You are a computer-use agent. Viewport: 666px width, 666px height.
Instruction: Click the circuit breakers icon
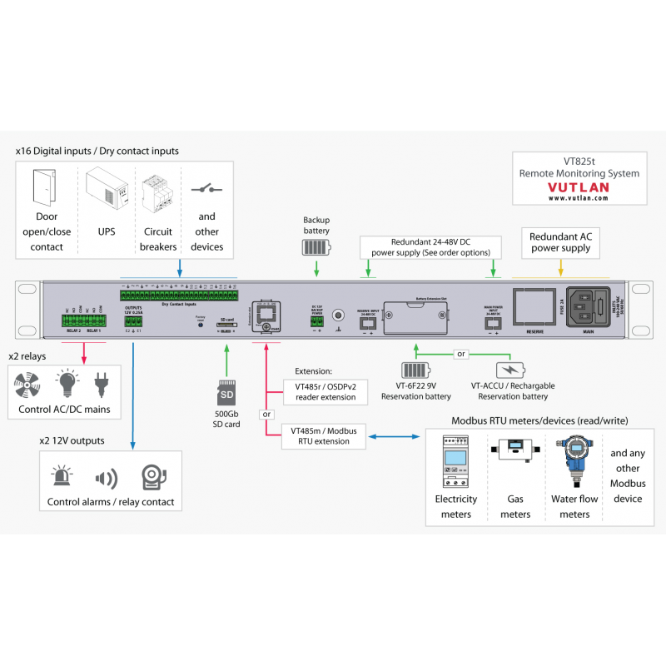click(157, 193)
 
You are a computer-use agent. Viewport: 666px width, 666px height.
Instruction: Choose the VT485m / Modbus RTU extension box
click(324, 436)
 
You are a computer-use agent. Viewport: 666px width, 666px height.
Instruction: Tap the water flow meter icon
click(574, 463)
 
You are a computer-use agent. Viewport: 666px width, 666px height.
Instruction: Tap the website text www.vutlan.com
click(578, 199)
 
